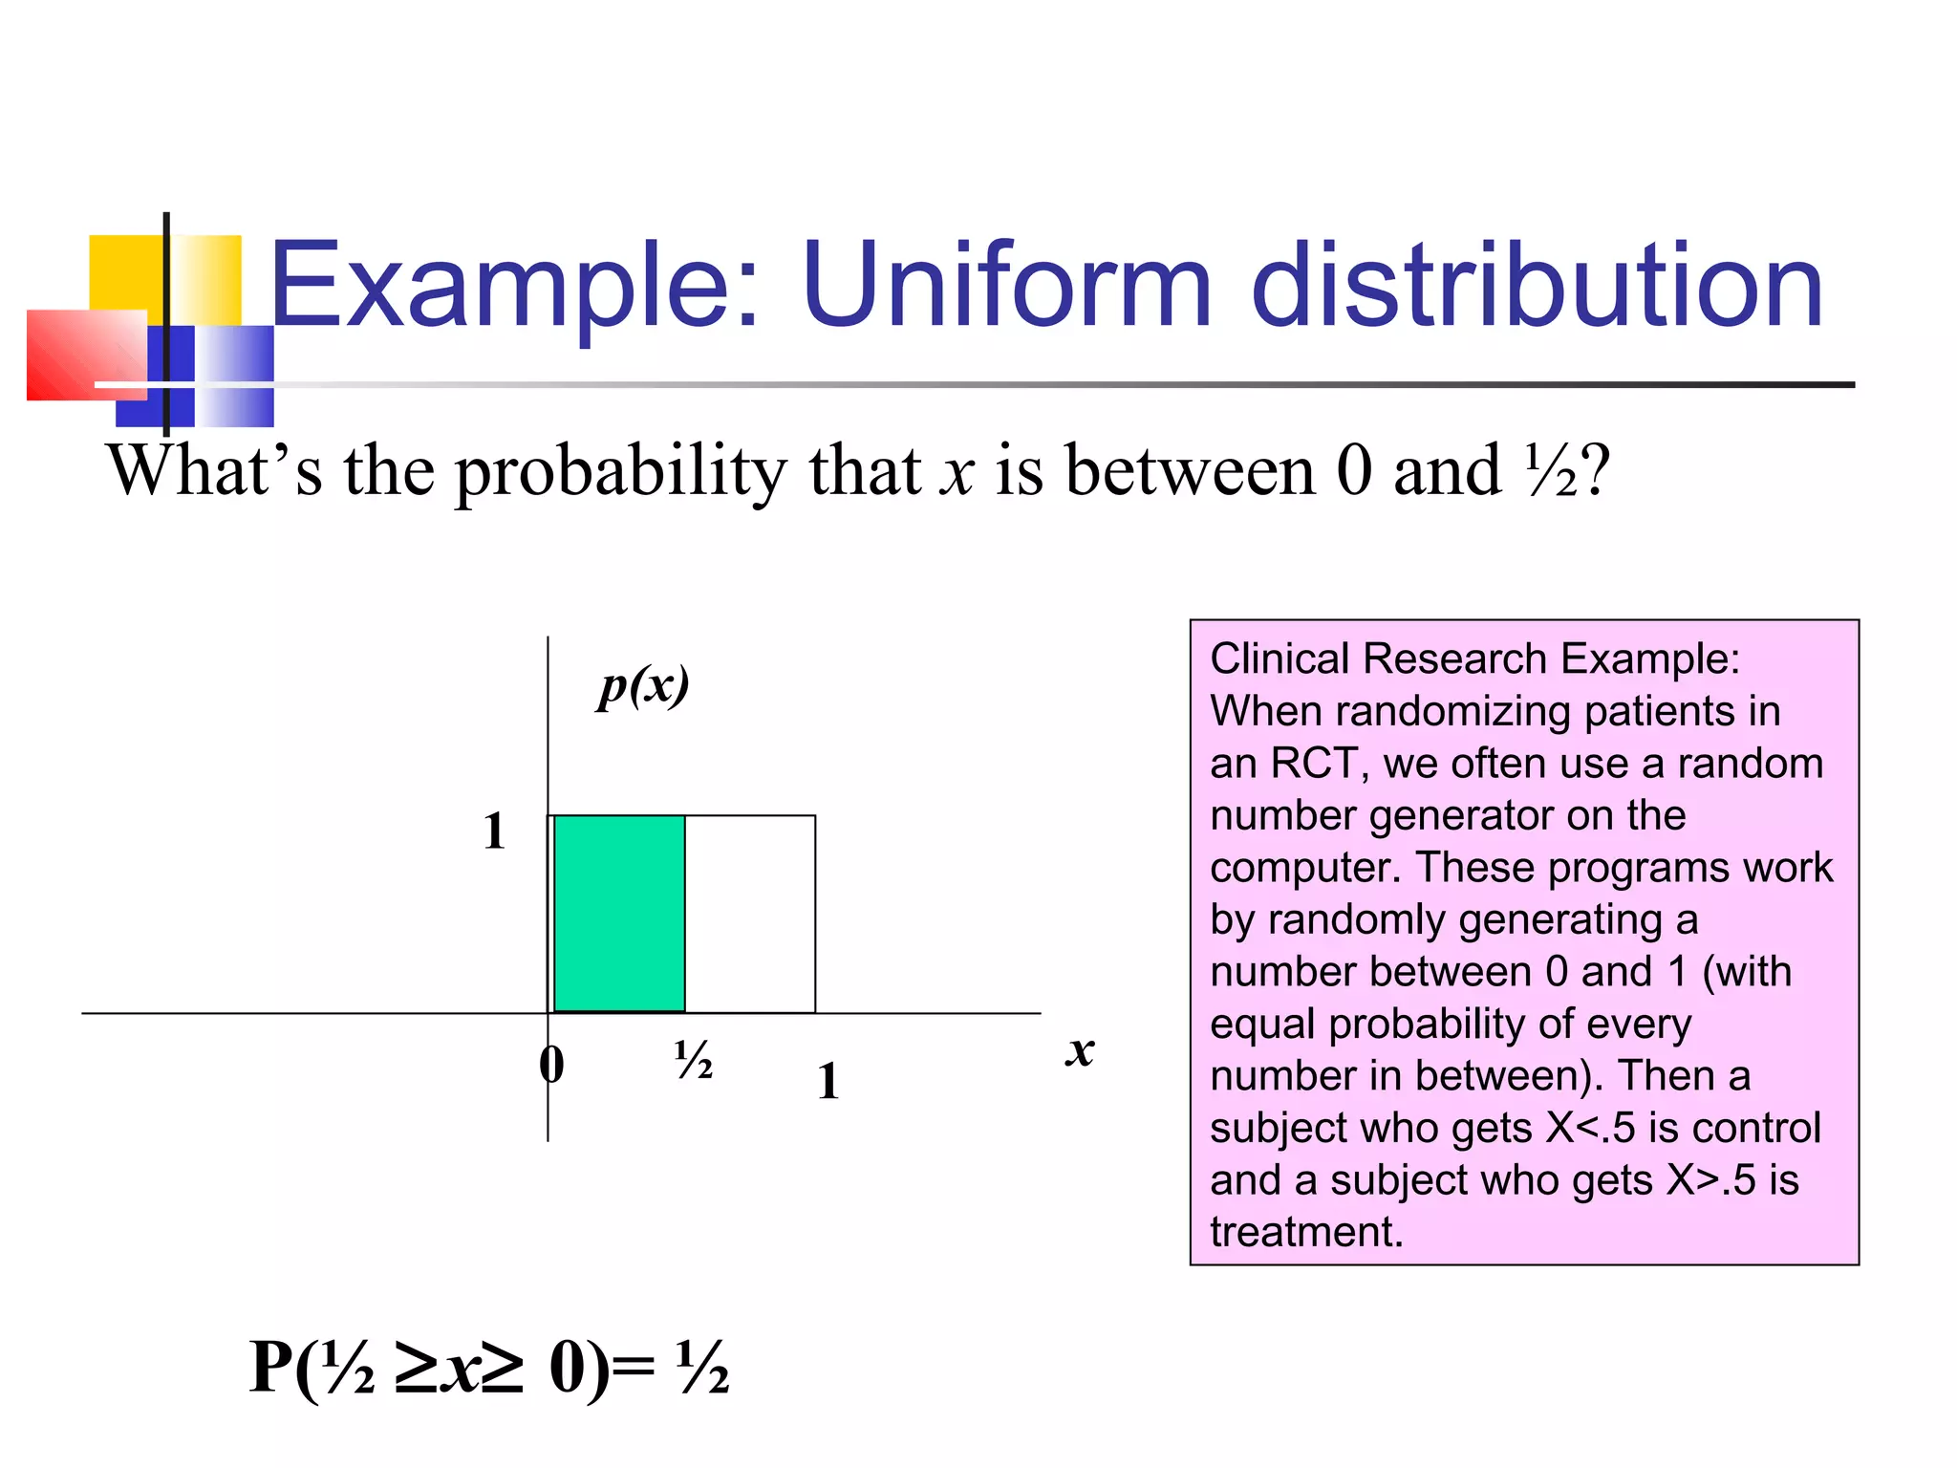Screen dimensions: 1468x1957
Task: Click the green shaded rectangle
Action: (619, 914)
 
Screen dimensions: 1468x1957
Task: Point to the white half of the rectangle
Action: (751, 914)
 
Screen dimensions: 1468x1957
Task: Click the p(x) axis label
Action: (643, 686)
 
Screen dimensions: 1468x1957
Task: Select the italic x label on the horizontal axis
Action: (1080, 1051)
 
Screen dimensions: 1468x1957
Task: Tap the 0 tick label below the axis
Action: (551, 1064)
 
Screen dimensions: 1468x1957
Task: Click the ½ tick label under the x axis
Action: (693, 1060)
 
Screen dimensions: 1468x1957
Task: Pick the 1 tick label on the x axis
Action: (828, 1082)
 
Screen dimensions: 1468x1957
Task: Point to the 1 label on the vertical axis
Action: (493, 831)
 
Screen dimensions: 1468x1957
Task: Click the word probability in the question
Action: (621, 472)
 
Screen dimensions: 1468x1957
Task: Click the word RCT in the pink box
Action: (1313, 764)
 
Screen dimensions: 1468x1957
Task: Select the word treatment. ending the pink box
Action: (1306, 1232)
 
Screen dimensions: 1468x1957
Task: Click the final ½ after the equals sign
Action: (702, 1369)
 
